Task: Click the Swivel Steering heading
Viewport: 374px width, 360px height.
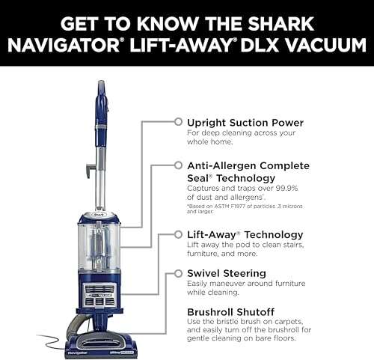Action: click(x=227, y=274)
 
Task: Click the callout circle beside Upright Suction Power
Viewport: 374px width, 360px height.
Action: click(x=177, y=120)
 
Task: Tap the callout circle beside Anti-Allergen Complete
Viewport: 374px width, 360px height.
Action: click(x=177, y=164)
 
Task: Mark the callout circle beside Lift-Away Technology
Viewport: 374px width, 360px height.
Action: click(x=177, y=234)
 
